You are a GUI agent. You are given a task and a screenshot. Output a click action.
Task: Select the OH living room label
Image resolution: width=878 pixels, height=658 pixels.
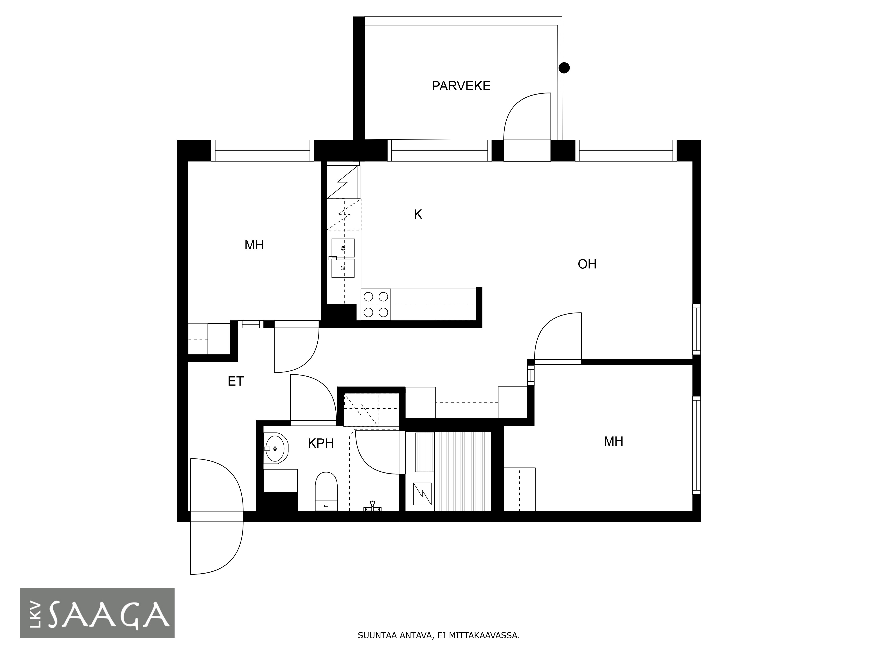pos(587,264)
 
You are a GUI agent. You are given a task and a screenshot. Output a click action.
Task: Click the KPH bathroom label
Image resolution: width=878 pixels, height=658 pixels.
pos(321,443)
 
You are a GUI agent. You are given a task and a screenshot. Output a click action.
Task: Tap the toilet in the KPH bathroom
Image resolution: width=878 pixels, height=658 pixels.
pos(326,491)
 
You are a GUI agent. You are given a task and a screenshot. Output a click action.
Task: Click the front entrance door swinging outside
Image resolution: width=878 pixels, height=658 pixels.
pos(217,547)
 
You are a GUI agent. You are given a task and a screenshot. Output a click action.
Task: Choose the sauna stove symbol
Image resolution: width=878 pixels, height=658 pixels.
pos(422,494)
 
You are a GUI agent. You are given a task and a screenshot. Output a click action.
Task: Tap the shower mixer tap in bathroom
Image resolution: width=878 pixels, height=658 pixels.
pos(372,506)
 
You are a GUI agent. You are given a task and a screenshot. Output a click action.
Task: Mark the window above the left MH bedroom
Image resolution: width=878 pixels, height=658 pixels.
pos(262,151)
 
